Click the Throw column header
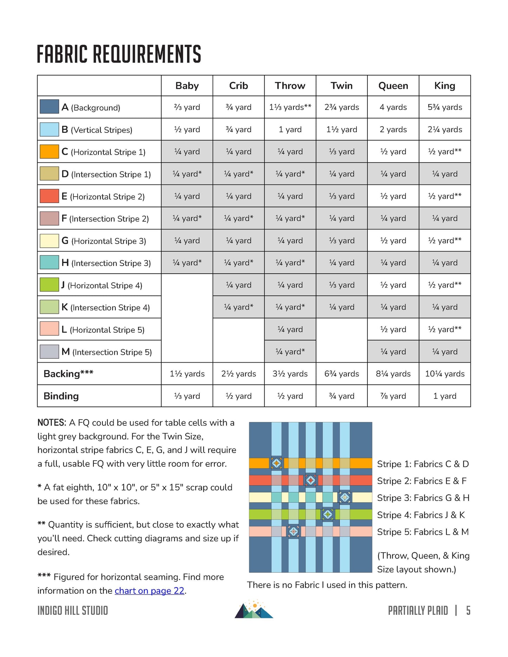click(290, 86)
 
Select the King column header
click(445, 86)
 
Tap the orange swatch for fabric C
click(49, 151)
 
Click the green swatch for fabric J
click(49, 285)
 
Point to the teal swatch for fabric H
click(49, 262)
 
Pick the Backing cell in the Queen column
click(393, 374)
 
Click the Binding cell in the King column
click(445, 396)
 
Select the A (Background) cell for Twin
click(342, 107)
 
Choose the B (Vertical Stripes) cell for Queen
click(393, 129)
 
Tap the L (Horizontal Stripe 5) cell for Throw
click(290, 329)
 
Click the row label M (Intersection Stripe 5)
click(107, 352)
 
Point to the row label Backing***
click(68, 374)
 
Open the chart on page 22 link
click(149, 591)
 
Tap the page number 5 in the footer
click(468, 611)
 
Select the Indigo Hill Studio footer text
click(73, 611)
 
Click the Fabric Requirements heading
click(119, 54)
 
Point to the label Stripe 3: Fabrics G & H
click(423, 498)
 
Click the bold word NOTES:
click(52, 422)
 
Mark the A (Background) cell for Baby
click(187, 107)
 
